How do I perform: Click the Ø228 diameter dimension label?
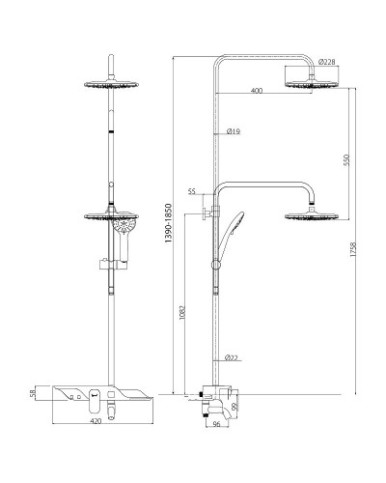[326, 62]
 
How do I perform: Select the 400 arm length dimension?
[257, 91]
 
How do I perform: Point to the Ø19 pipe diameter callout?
[234, 131]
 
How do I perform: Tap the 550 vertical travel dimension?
[346, 160]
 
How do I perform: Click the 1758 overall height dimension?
[353, 249]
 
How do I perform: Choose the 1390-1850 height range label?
[168, 223]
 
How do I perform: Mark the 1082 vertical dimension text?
[181, 312]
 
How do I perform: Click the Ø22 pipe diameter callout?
[232, 357]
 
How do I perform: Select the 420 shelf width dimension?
[96, 421]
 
